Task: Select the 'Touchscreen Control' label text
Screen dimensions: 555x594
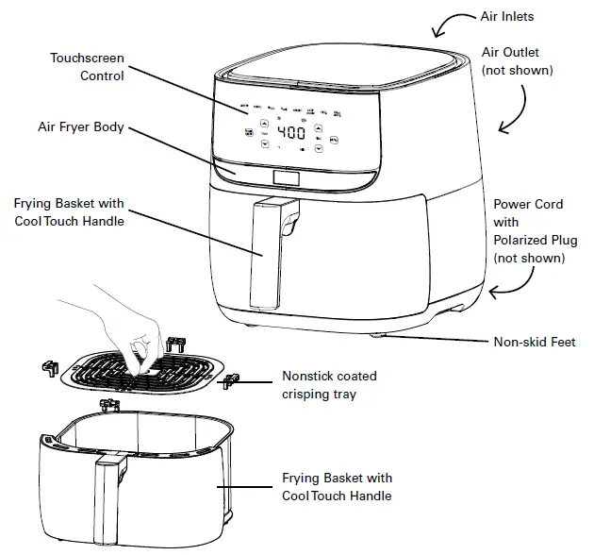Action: (87, 66)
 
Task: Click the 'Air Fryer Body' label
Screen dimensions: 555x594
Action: (82, 127)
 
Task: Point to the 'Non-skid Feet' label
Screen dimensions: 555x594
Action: (534, 342)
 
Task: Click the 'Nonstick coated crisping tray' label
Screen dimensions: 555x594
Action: (320, 384)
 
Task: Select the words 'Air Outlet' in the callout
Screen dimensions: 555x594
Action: (510, 53)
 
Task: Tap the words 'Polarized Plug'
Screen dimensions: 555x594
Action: (529, 241)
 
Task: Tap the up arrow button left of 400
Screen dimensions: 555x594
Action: (263, 124)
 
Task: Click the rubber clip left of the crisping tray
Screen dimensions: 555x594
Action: (49, 366)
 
